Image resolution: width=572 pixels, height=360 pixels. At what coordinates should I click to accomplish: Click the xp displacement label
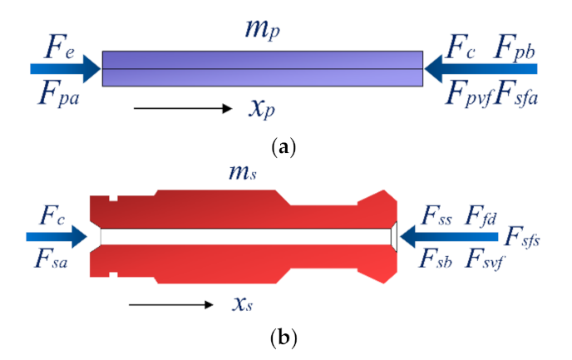click(264, 109)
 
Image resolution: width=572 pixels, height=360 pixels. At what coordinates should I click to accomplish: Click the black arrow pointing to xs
click(171, 304)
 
